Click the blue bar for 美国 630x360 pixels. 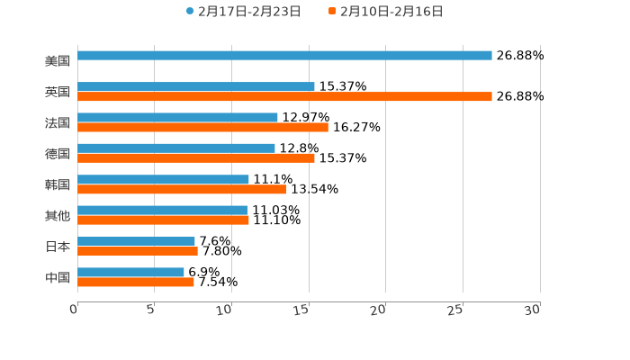click(284, 56)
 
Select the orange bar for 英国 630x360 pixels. click(284, 96)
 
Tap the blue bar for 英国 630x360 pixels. click(196, 86)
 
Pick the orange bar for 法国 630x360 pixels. click(202, 128)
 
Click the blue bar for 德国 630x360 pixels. click(176, 148)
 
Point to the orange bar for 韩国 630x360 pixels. click(182, 189)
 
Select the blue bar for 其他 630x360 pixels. click(162, 210)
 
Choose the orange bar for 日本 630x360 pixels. click(138, 251)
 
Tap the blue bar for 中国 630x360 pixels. click(131, 272)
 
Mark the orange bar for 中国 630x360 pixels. click(136, 282)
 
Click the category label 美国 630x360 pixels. click(58, 61)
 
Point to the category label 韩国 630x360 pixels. click(58, 184)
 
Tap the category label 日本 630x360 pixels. click(58, 247)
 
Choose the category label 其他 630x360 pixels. click(58, 216)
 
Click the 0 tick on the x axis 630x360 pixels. click(75, 310)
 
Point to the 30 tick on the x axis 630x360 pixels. click(533, 310)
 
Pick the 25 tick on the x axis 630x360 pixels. click(456, 310)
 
